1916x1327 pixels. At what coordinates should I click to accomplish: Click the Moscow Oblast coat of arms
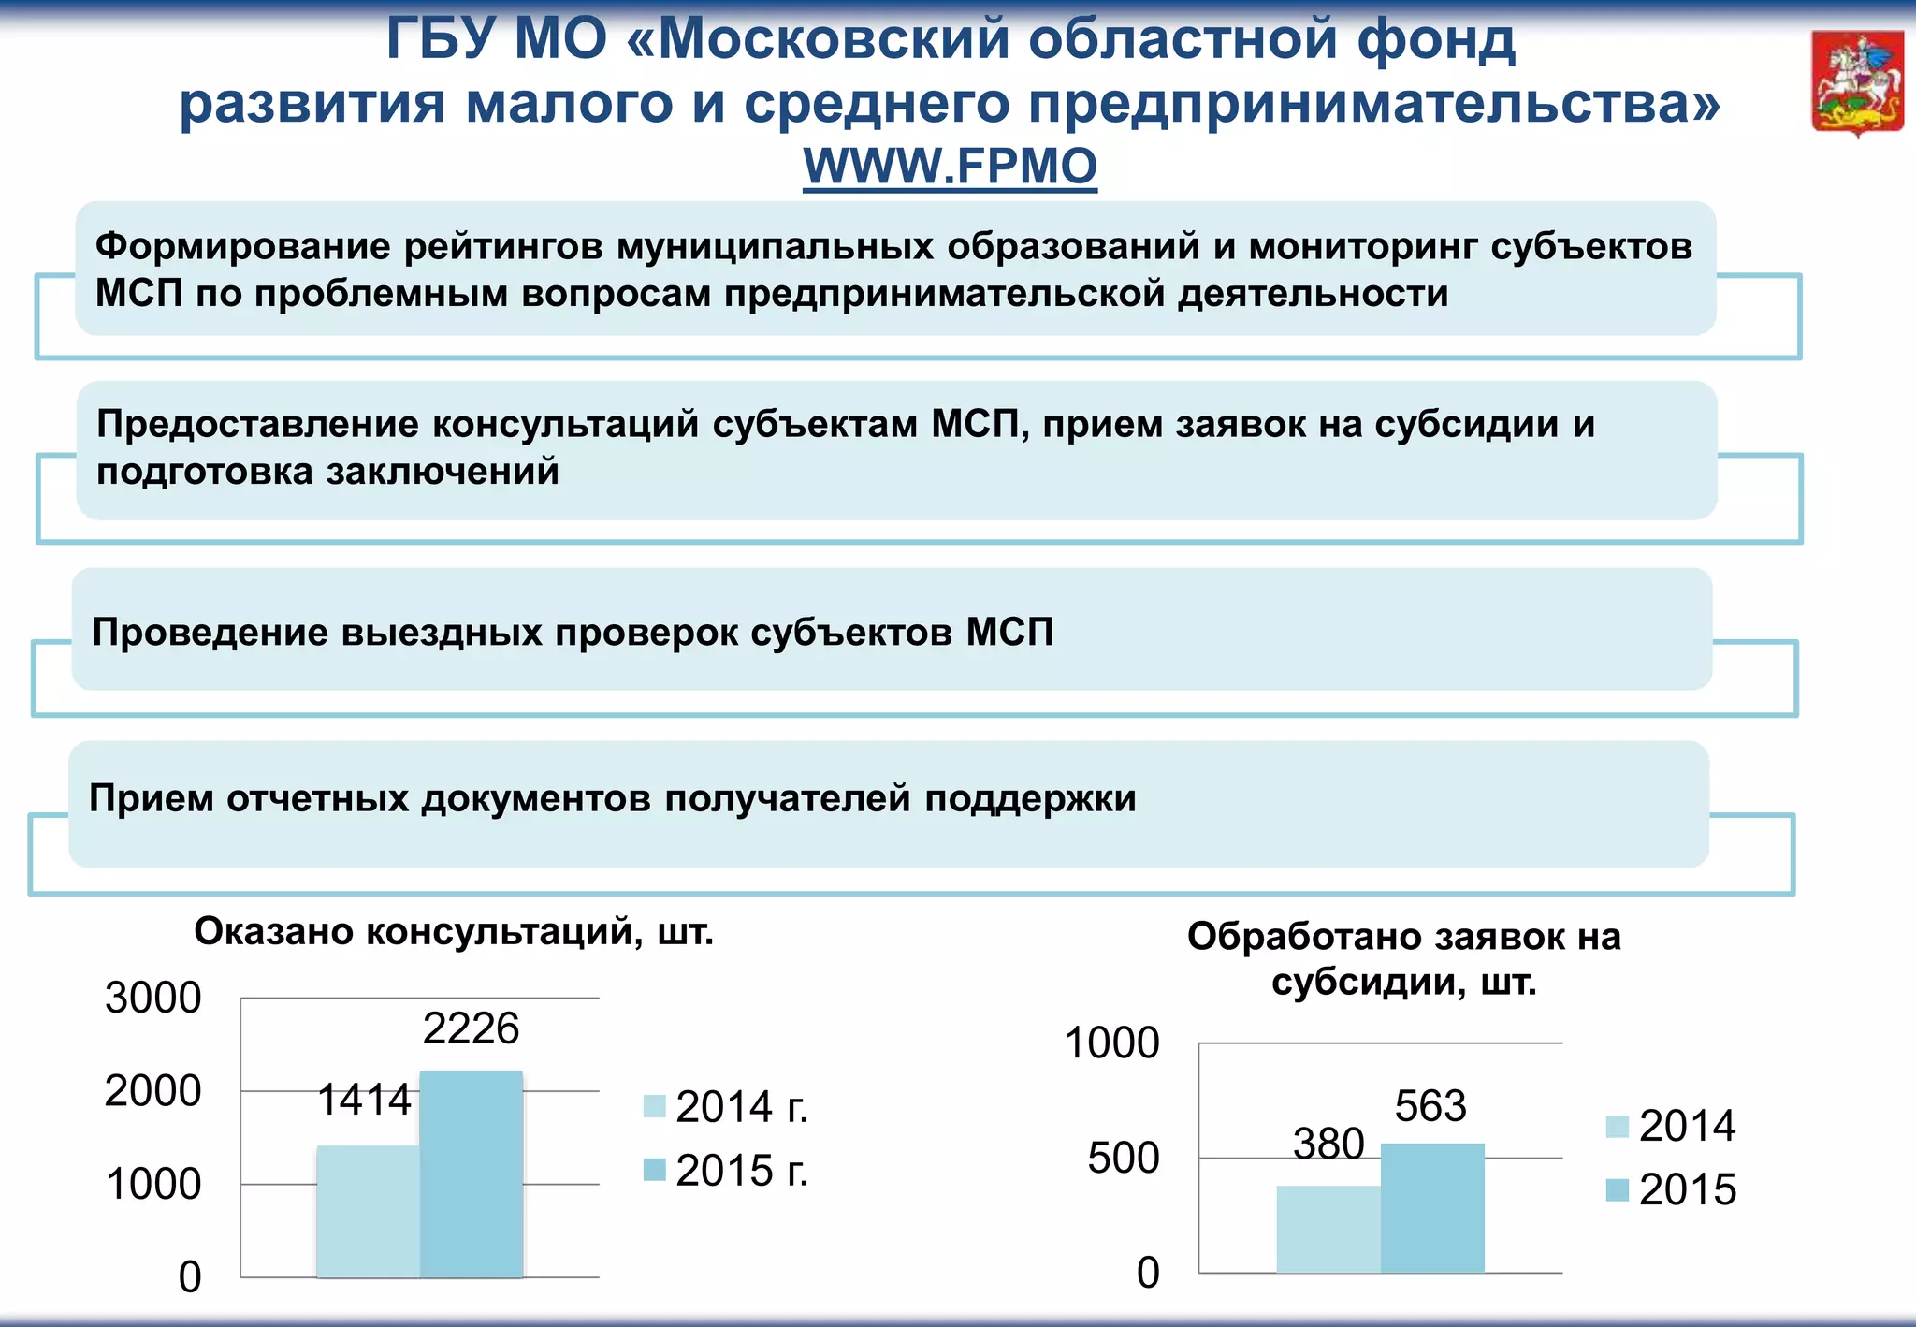tap(1857, 84)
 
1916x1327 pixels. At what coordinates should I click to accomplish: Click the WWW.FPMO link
tap(950, 167)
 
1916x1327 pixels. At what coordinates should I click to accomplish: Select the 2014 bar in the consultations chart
tap(368, 1211)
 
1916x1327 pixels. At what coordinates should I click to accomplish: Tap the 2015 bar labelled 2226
tap(471, 1174)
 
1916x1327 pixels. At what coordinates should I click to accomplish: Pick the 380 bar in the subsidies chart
tap(1328, 1229)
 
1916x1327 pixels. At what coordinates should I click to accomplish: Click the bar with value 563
tap(1431, 1207)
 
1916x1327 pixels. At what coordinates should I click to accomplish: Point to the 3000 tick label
tap(153, 998)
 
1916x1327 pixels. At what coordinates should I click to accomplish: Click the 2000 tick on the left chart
tap(153, 1091)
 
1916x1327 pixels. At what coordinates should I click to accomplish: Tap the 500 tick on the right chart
tap(1124, 1159)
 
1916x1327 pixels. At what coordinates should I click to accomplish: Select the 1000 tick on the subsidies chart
tap(1112, 1043)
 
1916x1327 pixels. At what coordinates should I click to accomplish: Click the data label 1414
tap(364, 1100)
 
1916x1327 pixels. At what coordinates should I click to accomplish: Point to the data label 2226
tap(471, 1028)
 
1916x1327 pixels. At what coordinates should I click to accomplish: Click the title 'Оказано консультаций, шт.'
tap(454, 932)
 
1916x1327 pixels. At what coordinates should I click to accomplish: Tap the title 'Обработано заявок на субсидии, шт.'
tap(1403, 959)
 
